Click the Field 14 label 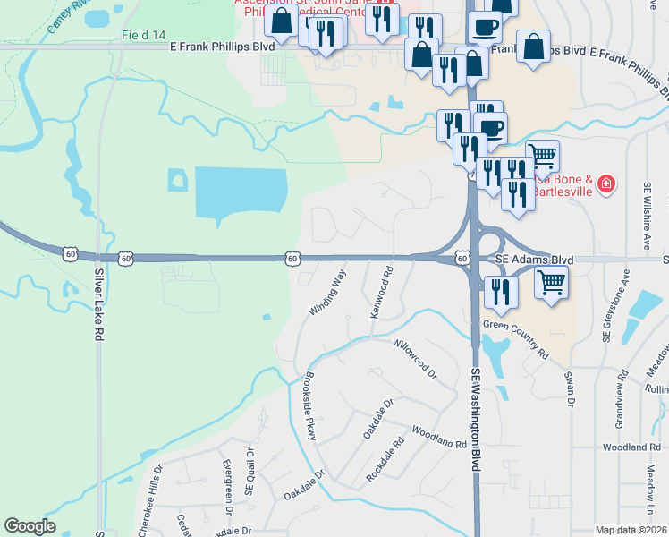click(x=145, y=34)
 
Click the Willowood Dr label click(x=412, y=356)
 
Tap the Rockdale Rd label click(x=385, y=459)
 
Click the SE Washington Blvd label click(x=476, y=420)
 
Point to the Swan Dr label click(x=568, y=388)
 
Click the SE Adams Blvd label click(x=534, y=260)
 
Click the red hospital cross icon click(x=606, y=184)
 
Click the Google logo click(x=30, y=526)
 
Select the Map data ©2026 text click(x=630, y=530)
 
